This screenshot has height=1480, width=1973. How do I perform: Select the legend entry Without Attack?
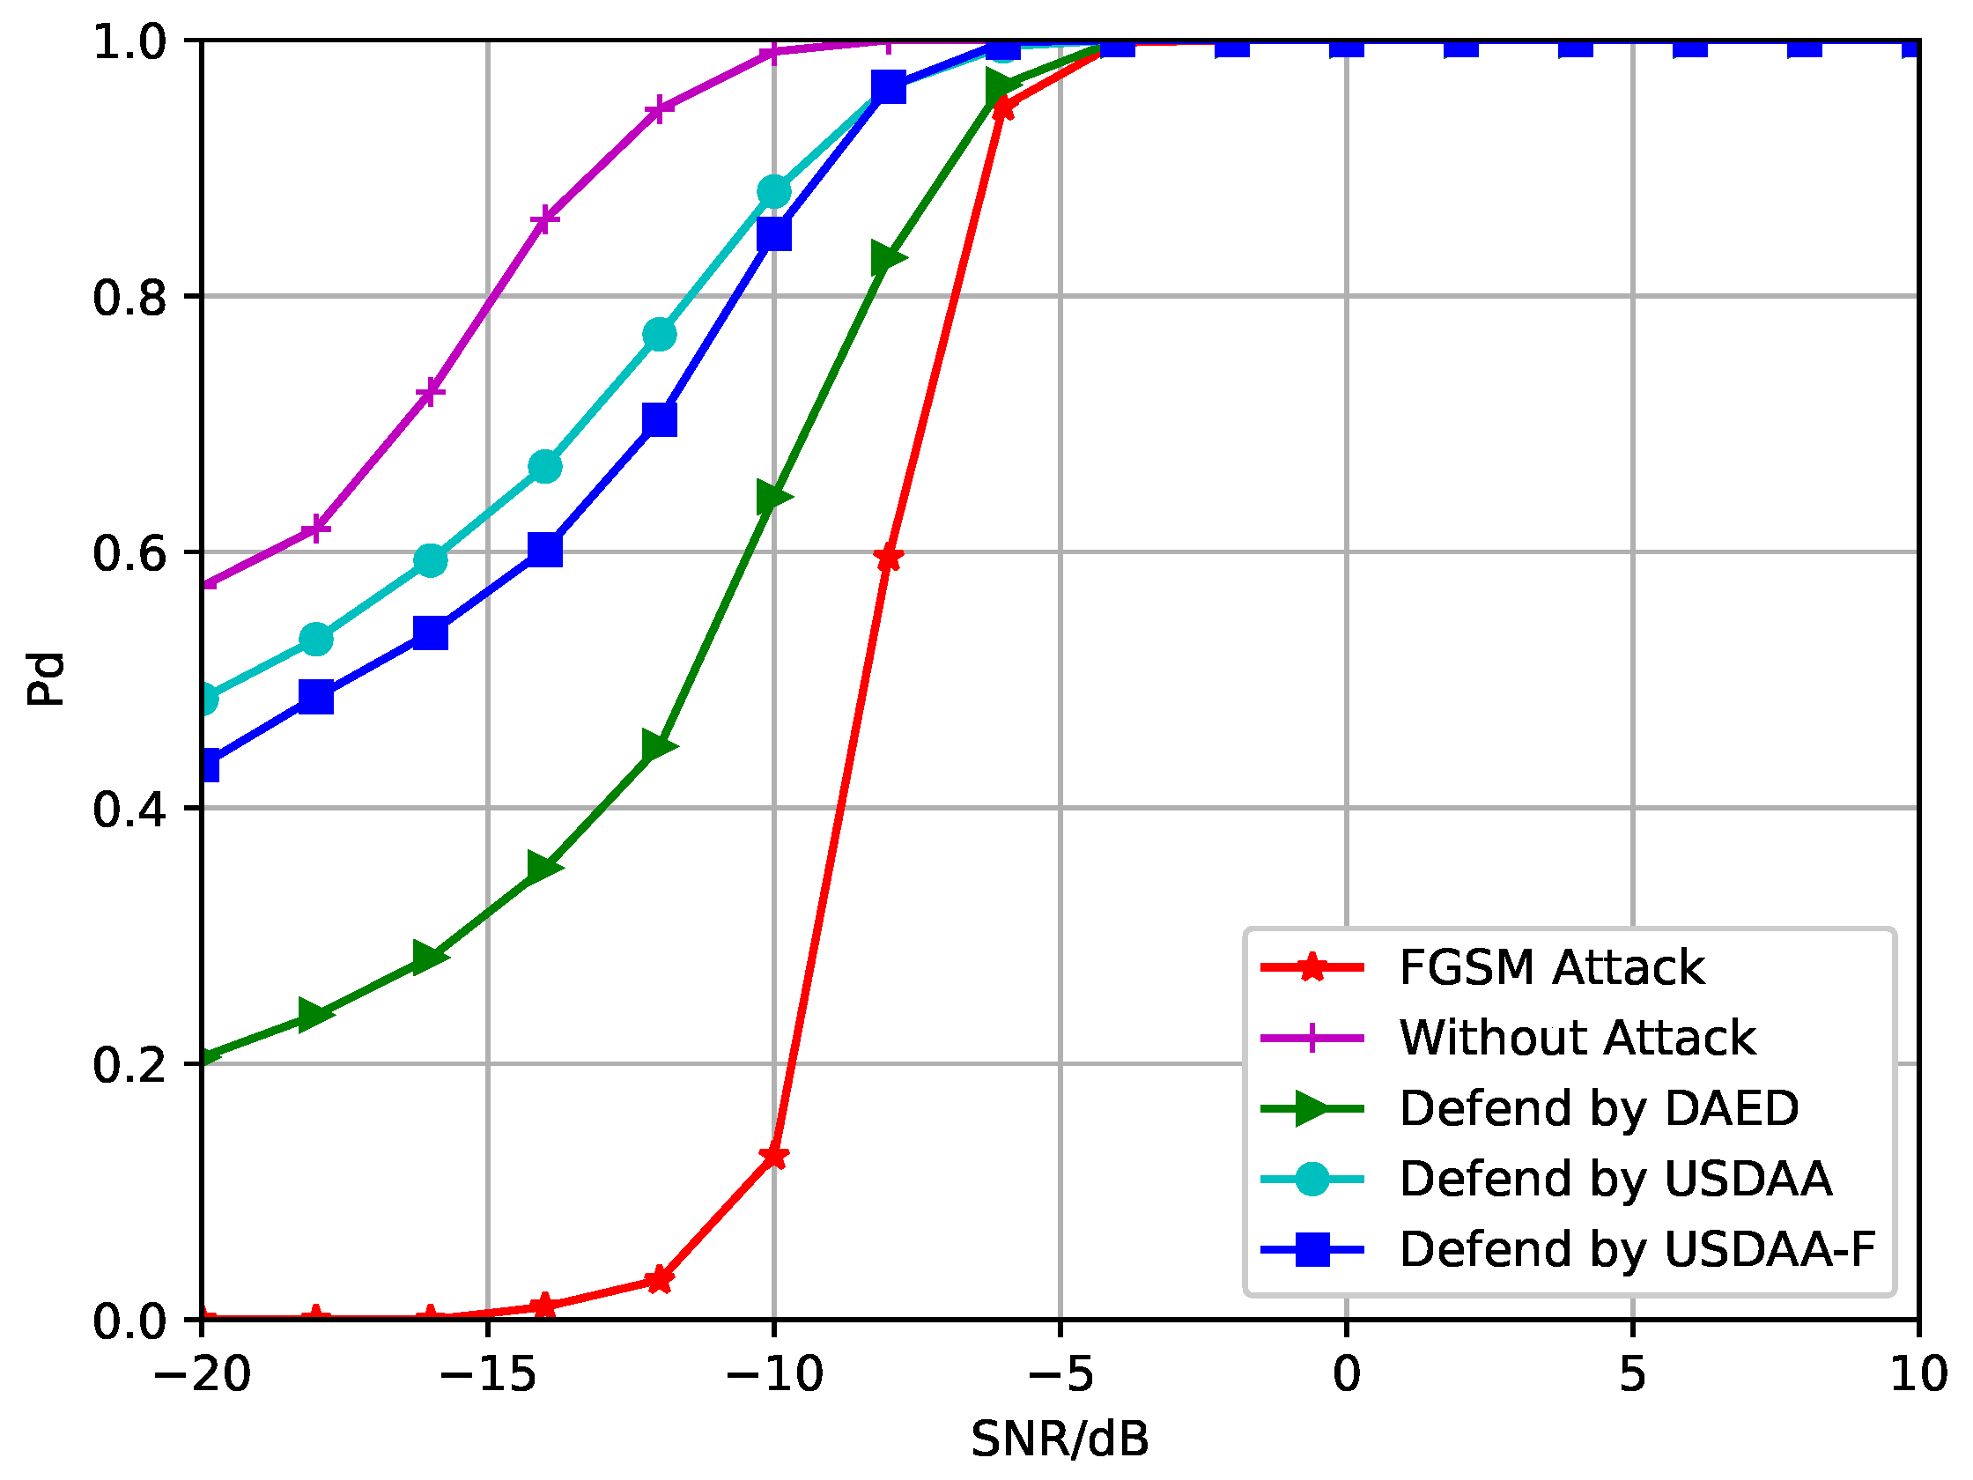pos(1576,1039)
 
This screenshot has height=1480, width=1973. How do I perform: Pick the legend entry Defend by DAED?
pos(1598,1109)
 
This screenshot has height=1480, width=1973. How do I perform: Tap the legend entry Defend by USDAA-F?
pos(1637,1250)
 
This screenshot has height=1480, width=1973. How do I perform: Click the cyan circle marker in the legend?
pos(1312,1180)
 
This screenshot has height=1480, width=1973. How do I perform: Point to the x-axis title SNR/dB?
pos(1060,1439)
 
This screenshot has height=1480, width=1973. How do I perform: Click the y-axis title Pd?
pos(45,680)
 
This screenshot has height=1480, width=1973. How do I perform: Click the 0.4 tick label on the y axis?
pos(130,810)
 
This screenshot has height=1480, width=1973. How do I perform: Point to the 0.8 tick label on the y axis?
pos(130,298)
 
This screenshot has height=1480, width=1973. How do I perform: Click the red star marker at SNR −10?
pos(774,1158)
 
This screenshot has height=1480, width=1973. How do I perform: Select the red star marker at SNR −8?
pos(889,559)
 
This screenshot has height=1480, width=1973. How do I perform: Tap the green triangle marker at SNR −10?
pos(773,497)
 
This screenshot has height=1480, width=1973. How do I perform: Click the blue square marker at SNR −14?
pos(545,551)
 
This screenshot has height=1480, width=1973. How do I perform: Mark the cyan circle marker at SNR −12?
pos(659,336)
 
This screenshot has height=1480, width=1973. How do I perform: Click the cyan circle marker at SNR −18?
pos(316,640)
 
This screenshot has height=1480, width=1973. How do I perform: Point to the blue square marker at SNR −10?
pos(774,234)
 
